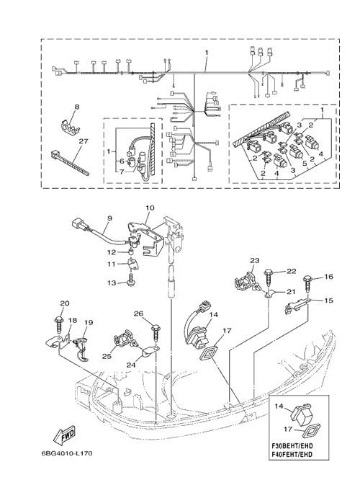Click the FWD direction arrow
(64, 435)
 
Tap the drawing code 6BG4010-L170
(67, 453)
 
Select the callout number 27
(84, 141)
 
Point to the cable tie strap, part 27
(70, 163)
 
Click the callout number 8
(76, 107)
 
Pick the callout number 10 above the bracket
(150, 208)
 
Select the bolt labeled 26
(156, 332)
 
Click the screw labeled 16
(307, 285)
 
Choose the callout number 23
(255, 261)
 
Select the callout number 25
(107, 356)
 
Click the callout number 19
(89, 322)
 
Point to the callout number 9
(109, 218)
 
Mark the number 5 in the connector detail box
(305, 164)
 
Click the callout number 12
(112, 252)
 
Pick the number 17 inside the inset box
(288, 430)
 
